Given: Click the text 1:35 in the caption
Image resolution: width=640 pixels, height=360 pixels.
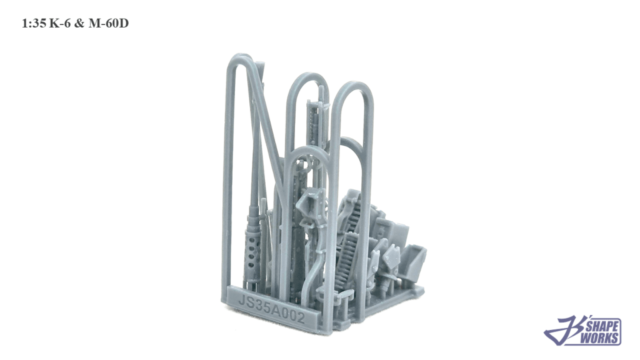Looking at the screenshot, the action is point(34,24).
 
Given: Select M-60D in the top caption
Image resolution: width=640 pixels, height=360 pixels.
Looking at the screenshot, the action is point(109,24).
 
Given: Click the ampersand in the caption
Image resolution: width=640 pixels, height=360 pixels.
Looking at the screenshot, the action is point(79,24).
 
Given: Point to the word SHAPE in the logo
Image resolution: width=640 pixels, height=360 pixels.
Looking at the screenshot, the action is point(604,326).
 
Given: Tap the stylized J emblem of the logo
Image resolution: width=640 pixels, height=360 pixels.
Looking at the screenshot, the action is point(565,331).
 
